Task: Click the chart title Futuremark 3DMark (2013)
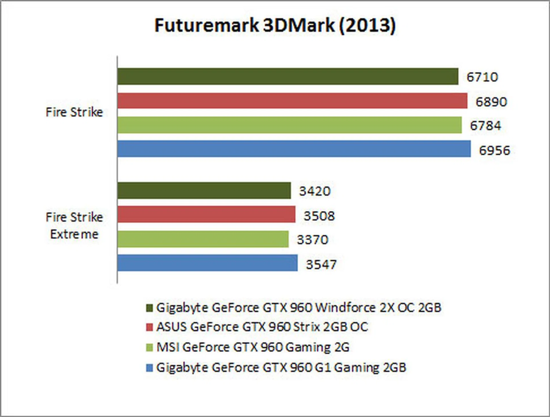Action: pos(275,25)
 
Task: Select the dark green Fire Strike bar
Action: pos(288,76)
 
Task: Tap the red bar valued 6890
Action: pos(292,101)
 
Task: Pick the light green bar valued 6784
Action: pos(289,125)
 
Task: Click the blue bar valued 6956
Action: pos(294,149)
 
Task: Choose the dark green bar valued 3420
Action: pos(204,190)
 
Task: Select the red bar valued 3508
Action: pos(206,214)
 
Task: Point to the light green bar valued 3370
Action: pos(203,239)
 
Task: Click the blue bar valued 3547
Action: pos(207,263)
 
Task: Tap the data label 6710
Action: pos(482,77)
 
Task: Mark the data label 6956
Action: pos(495,150)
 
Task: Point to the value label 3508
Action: pos(319,216)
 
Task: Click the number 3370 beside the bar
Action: pos(313,240)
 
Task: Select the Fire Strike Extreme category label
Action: pos(74,226)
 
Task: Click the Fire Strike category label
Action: pos(74,112)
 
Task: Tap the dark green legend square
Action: pos(149,308)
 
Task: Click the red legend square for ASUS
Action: pos(149,327)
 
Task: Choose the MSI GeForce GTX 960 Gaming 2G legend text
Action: pos(253,347)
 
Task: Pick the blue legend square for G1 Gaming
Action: pos(149,368)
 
